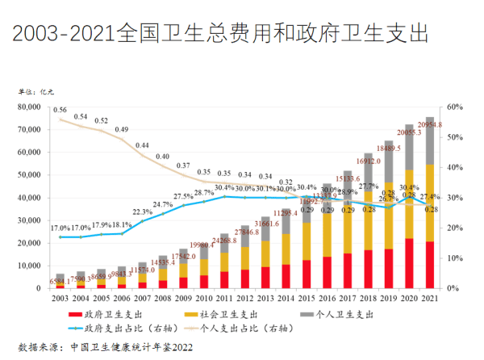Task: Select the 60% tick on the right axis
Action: (454, 107)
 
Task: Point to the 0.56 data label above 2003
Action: (60, 110)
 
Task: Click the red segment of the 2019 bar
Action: (388, 268)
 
